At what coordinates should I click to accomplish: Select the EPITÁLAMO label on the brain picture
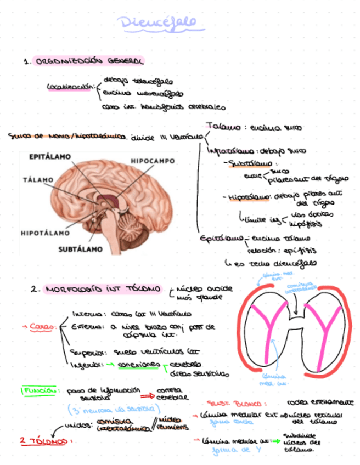(x=50, y=157)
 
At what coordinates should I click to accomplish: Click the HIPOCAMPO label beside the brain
(x=153, y=161)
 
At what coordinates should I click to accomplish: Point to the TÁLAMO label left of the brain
(x=38, y=179)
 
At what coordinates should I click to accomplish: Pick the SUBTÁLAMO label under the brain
(x=80, y=249)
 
